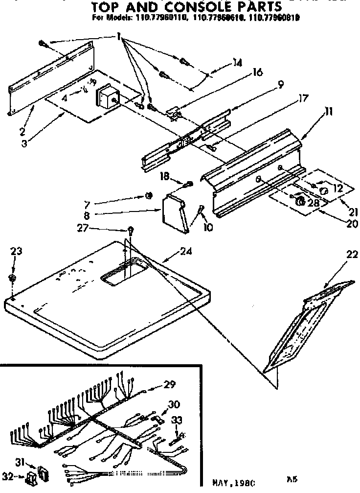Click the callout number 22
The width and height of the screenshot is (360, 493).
[x=352, y=255]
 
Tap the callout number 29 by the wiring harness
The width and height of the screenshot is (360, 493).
[x=169, y=384]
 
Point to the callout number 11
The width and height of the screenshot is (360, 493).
[x=328, y=112]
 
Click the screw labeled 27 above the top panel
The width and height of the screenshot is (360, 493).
[x=131, y=229]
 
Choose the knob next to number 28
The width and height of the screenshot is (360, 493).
[x=301, y=201]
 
